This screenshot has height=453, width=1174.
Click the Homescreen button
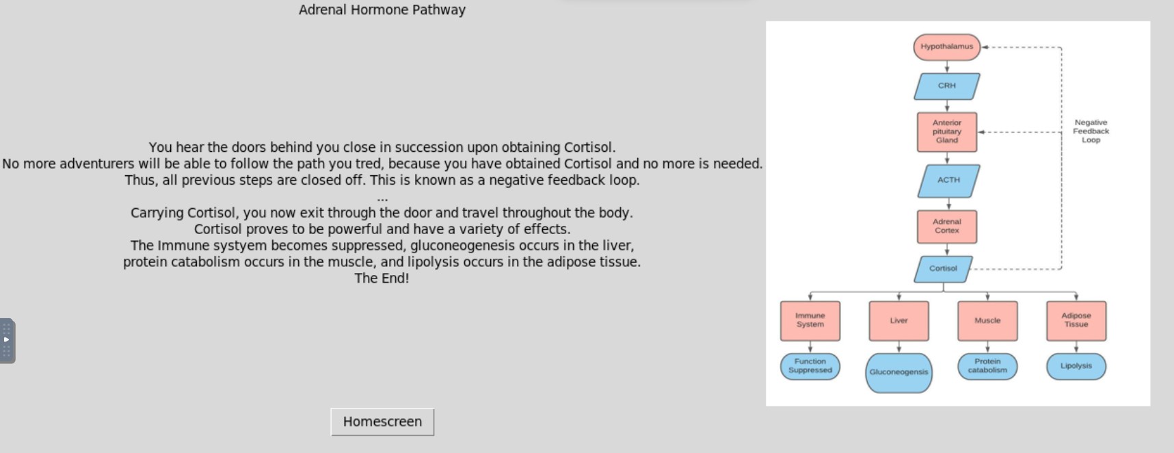(382, 422)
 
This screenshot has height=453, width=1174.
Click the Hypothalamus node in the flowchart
(946, 47)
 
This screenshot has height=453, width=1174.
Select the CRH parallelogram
(947, 86)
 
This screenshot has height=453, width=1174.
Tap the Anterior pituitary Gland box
(947, 132)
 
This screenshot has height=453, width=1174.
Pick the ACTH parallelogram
(948, 180)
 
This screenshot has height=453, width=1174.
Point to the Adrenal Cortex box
(947, 226)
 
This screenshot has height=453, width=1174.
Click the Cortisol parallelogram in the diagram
(944, 269)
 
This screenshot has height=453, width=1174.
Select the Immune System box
(810, 320)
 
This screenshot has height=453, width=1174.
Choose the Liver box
(898, 320)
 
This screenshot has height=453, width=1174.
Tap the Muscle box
(987, 320)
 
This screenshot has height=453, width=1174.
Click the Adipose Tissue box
(1076, 320)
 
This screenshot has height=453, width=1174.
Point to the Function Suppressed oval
(810, 366)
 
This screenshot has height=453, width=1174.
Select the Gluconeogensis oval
(898, 372)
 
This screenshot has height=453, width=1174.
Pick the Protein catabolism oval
(987, 366)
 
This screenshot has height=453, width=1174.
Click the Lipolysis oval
(1076, 366)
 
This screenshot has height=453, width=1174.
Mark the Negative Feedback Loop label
(1091, 131)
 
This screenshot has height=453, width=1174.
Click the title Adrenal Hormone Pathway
(382, 10)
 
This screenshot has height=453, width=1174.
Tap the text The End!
(382, 279)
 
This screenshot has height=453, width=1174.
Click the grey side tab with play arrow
(7, 340)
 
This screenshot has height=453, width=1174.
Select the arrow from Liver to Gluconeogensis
(898, 347)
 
